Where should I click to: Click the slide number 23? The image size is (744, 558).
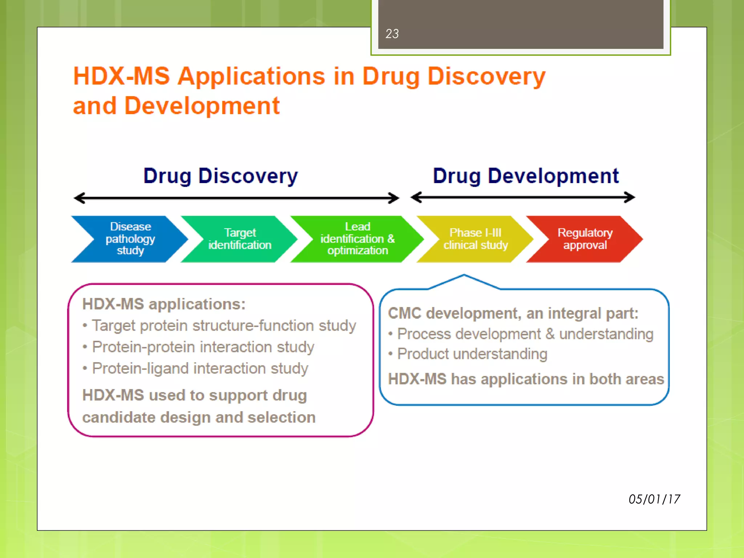click(392, 34)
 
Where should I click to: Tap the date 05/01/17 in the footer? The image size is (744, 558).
click(654, 499)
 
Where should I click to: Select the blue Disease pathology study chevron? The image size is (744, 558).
click(130, 239)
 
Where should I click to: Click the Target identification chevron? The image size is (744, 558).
click(240, 239)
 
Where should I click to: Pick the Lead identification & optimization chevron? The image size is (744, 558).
click(357, 239)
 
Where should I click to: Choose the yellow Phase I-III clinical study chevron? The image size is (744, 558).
click(475, 239)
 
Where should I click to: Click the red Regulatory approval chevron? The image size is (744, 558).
click(585, 239)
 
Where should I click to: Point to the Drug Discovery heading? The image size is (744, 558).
click(221, 176)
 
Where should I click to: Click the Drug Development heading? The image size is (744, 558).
click(525, 176)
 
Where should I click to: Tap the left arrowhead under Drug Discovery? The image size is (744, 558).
click(79, 198)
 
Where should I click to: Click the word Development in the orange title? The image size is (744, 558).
click(202, 106)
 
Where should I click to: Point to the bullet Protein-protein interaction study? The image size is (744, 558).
click(203, 347)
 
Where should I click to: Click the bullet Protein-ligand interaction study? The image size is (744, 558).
click(200, 368)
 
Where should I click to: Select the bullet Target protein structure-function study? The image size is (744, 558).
click(223, 325)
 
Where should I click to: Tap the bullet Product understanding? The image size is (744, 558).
click(472, 354)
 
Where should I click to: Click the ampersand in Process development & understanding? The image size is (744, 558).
click(550, 334)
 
